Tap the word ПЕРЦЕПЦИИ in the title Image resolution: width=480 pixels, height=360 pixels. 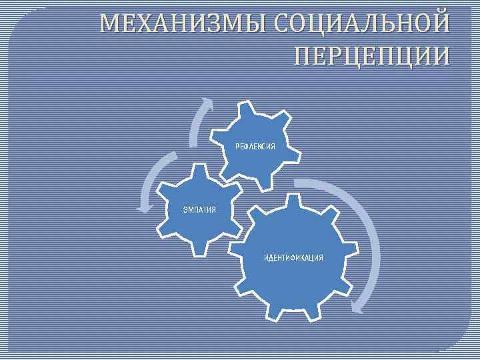371,56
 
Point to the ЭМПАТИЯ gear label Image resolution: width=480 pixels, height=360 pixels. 199,211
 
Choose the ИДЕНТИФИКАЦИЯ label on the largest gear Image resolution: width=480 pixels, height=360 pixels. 293,257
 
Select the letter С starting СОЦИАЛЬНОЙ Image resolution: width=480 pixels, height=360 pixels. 281,25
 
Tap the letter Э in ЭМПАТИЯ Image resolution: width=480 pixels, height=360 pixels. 185,211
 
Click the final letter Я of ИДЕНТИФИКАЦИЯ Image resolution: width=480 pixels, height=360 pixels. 321,257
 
